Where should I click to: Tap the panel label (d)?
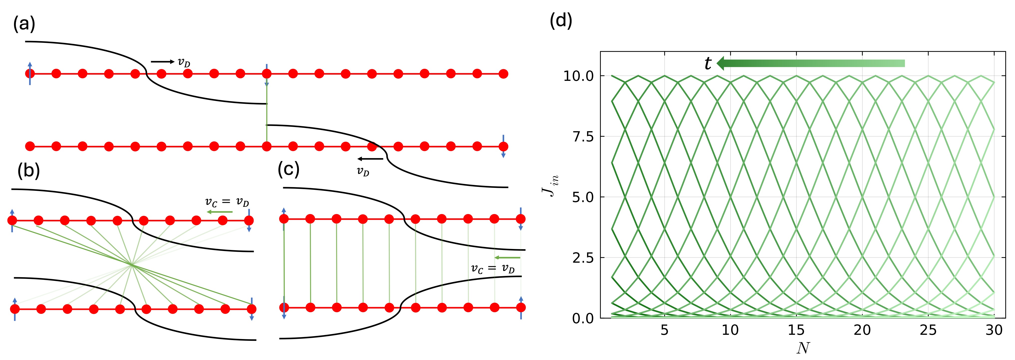pyautogui.click(x=561, y=20)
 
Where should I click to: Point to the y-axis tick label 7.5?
pyautogui.click(x=583, y=137)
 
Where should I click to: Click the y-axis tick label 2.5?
pyautogui.click(x=583, y=258)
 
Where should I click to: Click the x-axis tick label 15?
pyautogui.click(x=796, y=330)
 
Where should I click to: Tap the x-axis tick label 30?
pyautogui.click(x=994, y=330)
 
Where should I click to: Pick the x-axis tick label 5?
pyautogui.click(x=664, y=330)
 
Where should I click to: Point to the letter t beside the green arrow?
pyautogui.click(x=708, y=63)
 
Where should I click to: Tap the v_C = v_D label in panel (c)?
pyautogui.click(x=493, y=269)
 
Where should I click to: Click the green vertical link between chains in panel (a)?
pyautogui.click(x=267, y=114)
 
